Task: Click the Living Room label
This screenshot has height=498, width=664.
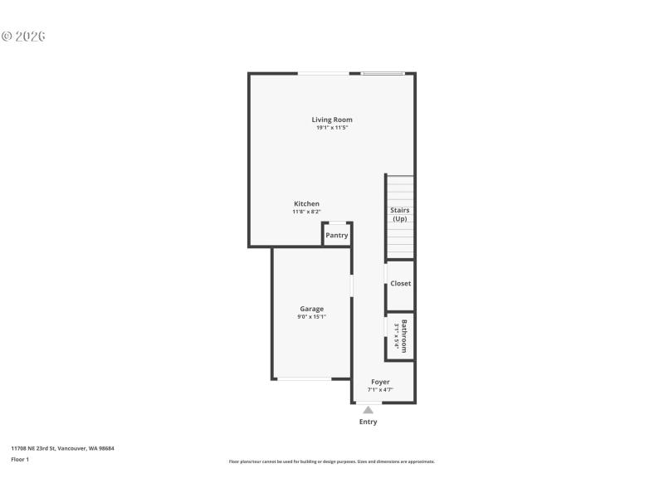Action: (x=332, y=120)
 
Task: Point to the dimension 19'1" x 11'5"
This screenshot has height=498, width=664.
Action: (x=332, y=128)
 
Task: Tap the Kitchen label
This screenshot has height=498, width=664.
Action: (x=306, y=204)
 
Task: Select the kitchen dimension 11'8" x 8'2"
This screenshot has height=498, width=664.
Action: (x=306, y=212)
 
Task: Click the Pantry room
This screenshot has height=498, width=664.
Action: (x=336, y=235)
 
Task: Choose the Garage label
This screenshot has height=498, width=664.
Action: (x=312, y=309)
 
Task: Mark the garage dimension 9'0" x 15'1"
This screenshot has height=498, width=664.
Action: (x=312, y=317)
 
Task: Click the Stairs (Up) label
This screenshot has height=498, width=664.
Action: (x=400, y=214)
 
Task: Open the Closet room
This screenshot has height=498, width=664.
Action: (x=400, y=284)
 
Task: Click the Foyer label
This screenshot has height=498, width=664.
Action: (x=380, y=382)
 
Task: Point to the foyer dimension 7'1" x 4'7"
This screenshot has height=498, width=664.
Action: (x=380, y=389)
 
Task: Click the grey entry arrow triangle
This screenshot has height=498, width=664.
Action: (x=368, y=409)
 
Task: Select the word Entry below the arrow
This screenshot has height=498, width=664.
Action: (x=368, y=422)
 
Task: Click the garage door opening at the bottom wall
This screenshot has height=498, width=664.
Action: (x=304, y=378)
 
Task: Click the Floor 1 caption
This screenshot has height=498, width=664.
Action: (x=20, y=459)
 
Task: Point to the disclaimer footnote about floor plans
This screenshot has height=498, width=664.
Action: (x=331, y=461)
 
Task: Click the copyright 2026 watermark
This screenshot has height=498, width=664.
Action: (x=23, y=37)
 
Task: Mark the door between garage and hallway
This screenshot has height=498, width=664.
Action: (x=353, y=286)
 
